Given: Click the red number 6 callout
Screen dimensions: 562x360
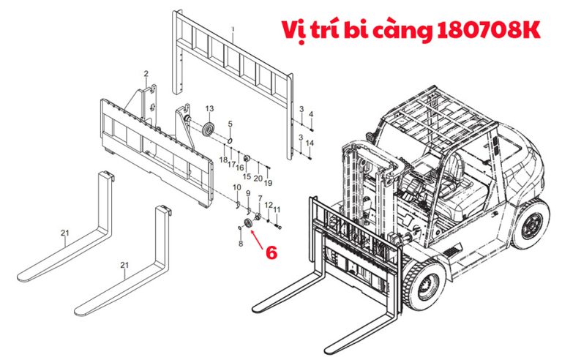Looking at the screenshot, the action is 271,252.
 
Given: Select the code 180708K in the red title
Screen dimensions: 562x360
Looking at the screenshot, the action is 489,30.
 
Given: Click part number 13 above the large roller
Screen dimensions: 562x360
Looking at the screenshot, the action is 209,108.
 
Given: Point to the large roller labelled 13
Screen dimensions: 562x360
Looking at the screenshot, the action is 209,129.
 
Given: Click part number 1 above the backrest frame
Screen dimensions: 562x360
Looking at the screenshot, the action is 233,29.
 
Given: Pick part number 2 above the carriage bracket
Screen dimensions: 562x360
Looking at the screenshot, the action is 146,74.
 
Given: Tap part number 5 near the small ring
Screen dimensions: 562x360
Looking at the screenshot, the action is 230,124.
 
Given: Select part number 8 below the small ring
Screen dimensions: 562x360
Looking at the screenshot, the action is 241,244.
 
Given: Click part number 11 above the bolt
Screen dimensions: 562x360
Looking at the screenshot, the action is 277,209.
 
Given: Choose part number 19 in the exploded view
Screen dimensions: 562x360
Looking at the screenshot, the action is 268,183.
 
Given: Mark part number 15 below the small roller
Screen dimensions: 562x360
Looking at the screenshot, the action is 247,176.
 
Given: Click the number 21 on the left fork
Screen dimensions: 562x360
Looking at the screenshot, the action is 64,233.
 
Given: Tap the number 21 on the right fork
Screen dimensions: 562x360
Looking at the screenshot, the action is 124,265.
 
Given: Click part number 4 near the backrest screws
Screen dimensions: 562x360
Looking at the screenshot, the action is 311,114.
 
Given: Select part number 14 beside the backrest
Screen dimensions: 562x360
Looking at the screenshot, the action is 310,143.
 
